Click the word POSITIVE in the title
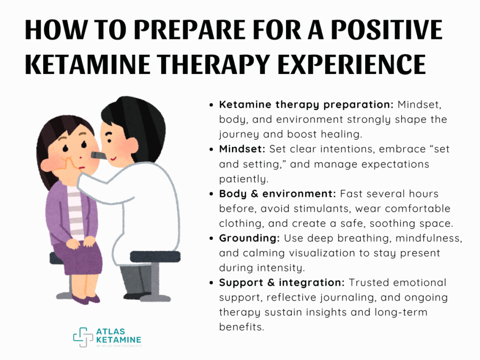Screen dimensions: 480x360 [x=387, y=30]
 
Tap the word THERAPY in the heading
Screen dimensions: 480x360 [x=213, y=64]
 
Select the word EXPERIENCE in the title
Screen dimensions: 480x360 [x=352, y=64]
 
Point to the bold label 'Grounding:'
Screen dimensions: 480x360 [x=249, y=238]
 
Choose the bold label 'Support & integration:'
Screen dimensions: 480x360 [x=282, y=283]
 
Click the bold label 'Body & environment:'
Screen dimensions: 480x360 [x=277, y=194]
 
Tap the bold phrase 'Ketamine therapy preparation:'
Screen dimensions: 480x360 [x=306, y=105]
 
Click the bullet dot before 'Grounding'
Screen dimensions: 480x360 [x=211, y=239]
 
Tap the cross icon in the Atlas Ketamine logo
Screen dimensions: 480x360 [x=83, y=337]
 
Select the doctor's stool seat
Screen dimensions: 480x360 [x=155, y=256]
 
